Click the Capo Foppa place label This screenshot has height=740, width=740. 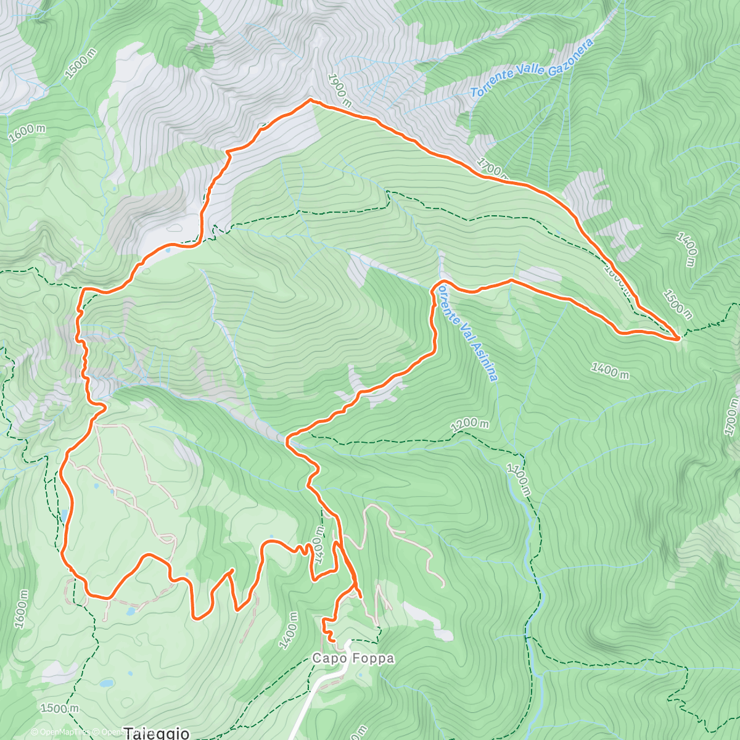point(353,659)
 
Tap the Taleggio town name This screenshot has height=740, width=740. point(156,733)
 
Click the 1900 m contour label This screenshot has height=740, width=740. point(339,89)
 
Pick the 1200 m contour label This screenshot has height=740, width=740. point(470,425)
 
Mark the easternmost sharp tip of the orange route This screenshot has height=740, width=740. point(679,338)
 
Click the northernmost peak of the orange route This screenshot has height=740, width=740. point(310,99)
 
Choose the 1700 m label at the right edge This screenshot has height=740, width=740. point(731,417)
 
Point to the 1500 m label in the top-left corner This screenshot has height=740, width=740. point(81,64)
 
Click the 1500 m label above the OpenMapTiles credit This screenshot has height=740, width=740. point(59,709)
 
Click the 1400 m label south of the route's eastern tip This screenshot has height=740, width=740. point(610,371)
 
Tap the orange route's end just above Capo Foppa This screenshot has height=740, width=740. point(333,641)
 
